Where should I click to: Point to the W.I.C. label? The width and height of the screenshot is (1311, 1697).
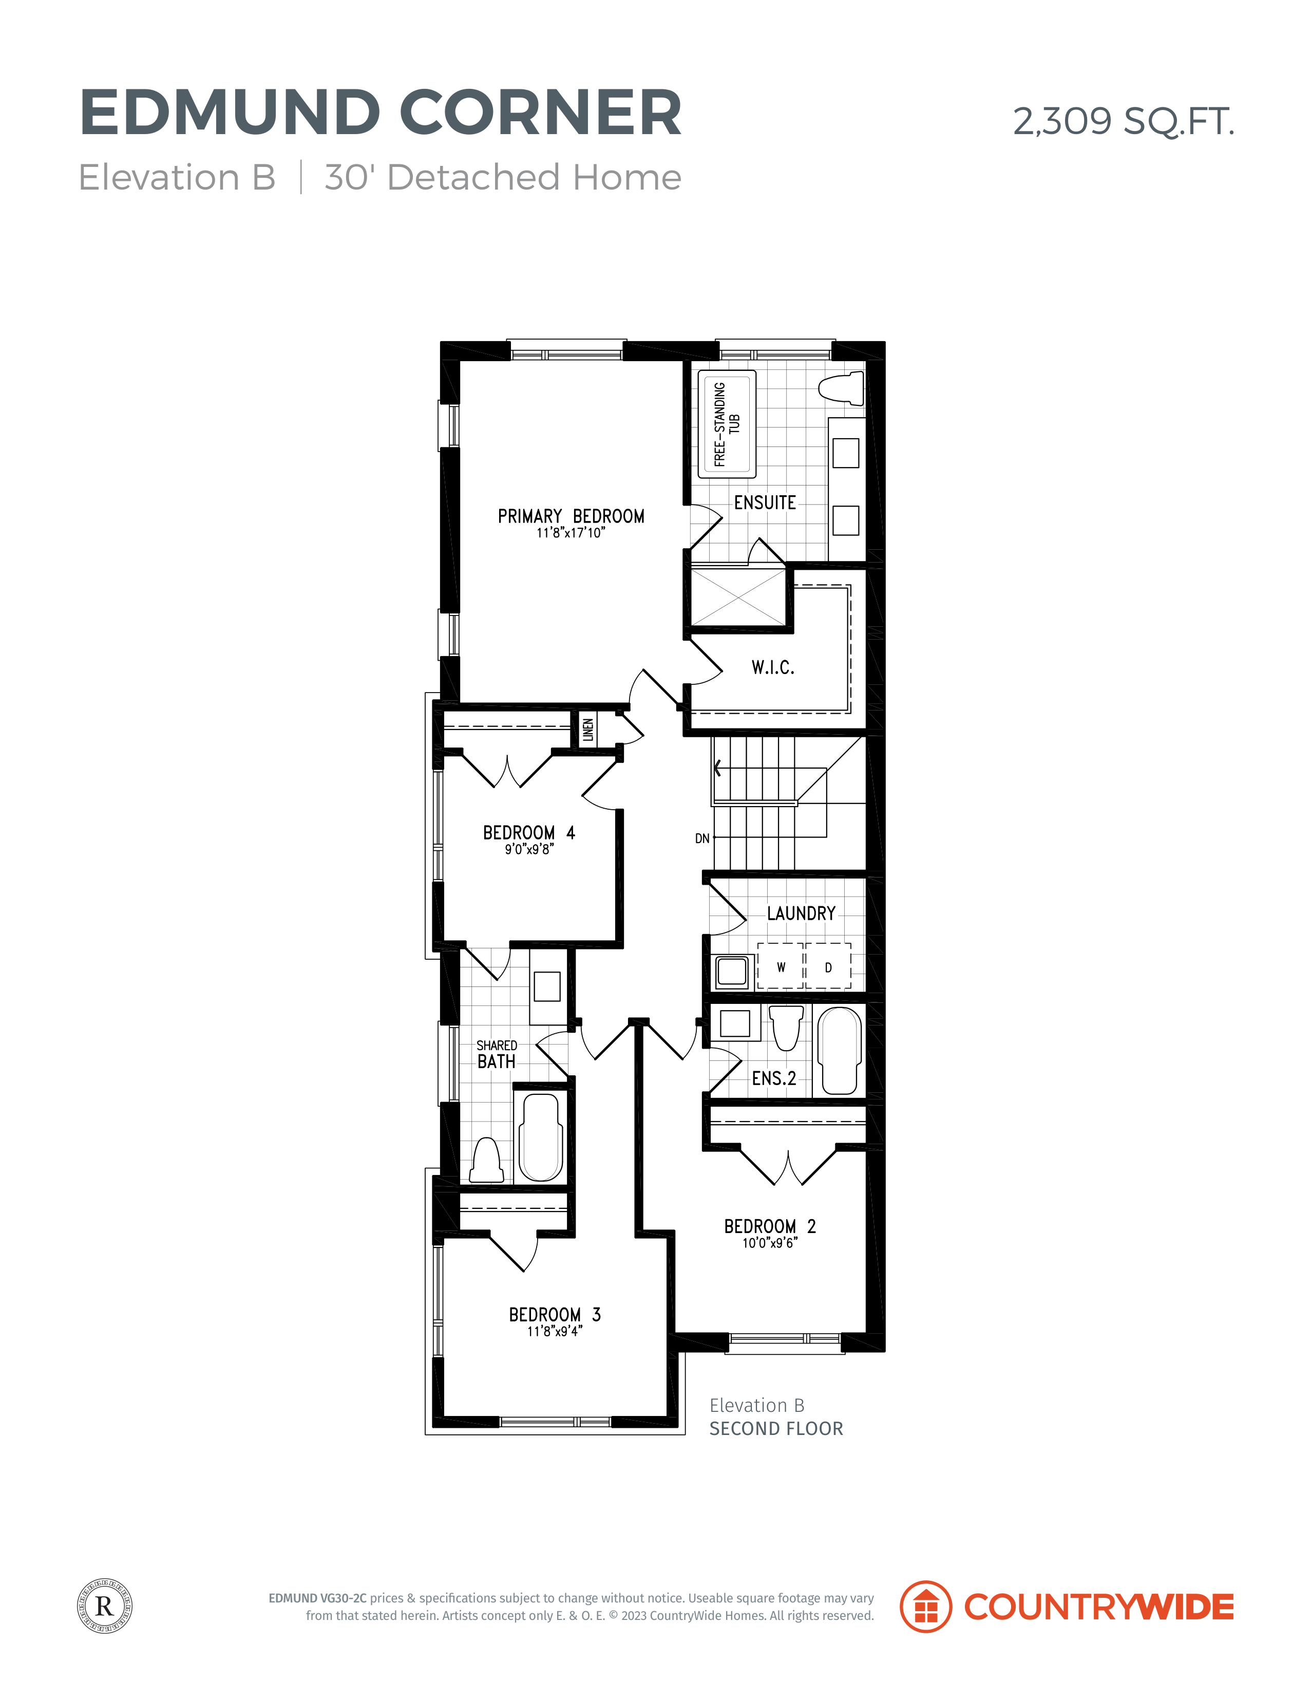pyautogui.click(x=773, y=667)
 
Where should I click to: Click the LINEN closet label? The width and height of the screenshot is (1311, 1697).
pyautogui.click(x=588, y=730)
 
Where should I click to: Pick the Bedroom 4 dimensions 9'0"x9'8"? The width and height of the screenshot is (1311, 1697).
pyautogui.click(x=529, y=849)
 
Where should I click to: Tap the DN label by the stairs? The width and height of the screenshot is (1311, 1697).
pyautogui.click(x=702, y=838)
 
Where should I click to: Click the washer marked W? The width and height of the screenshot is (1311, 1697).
pyautogui.click(x=781, y=966)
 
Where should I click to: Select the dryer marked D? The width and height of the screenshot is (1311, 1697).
pyautogui.click(x=828, y=966)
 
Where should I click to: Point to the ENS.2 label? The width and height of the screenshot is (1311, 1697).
pyautogui.click(x=773, y=1078)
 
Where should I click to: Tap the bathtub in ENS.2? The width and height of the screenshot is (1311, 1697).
pyautogui.click(x=840, y=1051)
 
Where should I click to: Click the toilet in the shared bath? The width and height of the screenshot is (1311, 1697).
pyautogui.click(x=487, y=1160)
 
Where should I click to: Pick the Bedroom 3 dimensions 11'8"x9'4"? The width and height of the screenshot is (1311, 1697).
pyautogui.click(x=555, y=1331)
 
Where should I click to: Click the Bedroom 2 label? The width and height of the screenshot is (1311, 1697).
pyautogui.click(x=770, y=1226)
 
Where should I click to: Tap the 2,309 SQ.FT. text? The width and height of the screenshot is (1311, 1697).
pyautogui.click(x=1123, y=121)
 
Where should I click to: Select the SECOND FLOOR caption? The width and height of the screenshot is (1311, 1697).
pyautogui.click(x=776, y=1428)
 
